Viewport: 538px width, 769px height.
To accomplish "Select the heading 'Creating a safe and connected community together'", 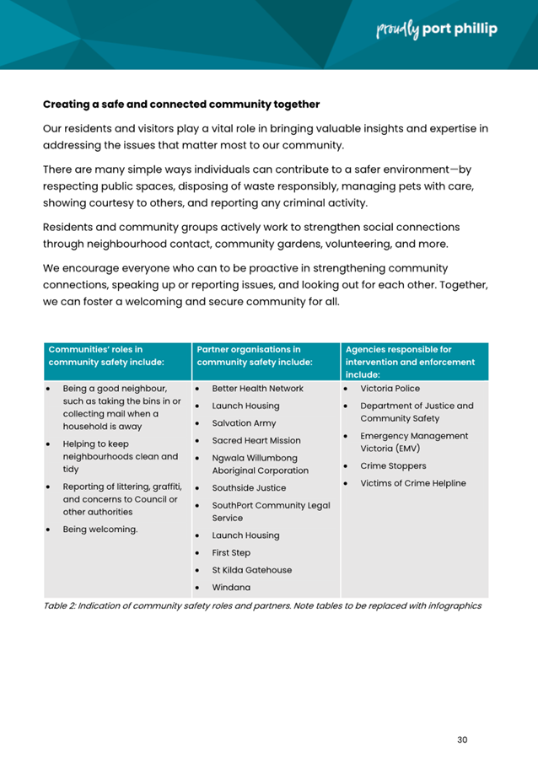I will point(181,105).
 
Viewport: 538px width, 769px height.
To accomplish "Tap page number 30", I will point(461,739).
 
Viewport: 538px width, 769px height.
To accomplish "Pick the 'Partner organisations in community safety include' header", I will point(254,355).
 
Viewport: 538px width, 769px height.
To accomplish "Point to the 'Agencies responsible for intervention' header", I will point(410,361).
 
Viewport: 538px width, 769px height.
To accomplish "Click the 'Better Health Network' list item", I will point(257,389).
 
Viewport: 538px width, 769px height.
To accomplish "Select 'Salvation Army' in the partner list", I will point(245,423).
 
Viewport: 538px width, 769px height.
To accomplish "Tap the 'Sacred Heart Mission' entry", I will point(256,440).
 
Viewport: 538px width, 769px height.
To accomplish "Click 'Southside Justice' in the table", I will point(249,487).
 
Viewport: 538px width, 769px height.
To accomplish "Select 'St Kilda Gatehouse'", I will point(252,570).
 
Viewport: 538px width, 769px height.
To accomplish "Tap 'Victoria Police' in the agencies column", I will point(390,389).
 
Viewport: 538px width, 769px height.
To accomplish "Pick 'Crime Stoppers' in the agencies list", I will point(393,465).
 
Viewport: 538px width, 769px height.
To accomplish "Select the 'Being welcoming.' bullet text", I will point(100,530).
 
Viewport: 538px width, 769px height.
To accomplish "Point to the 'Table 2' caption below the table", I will point(262,606).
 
